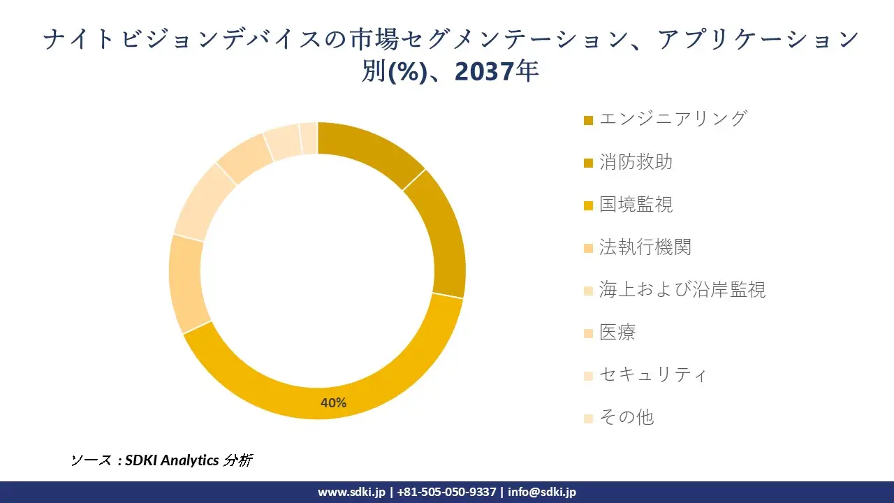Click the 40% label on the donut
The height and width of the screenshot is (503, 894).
point(333,402)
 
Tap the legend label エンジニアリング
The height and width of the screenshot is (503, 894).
point(673,119)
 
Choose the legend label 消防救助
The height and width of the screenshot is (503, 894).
point(636,162)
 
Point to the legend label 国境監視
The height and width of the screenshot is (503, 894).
point(636,204)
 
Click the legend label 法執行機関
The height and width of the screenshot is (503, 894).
point(645,247)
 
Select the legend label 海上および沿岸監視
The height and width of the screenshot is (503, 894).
point(682,289)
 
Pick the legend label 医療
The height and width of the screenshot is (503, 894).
point(617,332)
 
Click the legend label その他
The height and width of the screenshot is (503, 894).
point(626,417)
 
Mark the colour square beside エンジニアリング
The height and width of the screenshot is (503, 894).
point(588,121)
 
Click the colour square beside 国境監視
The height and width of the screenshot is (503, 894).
point(588,205)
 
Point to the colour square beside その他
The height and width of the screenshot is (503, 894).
point(588,418)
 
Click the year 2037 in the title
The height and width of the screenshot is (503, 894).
point(483,71)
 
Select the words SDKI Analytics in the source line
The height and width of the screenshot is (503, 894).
point(172,460)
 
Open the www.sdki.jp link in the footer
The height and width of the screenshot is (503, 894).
point(351,492)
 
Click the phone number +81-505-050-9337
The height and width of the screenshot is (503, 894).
point(446,492)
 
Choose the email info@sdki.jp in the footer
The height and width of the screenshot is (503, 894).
point(542,492)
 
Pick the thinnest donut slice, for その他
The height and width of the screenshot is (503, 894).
point(309,138)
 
